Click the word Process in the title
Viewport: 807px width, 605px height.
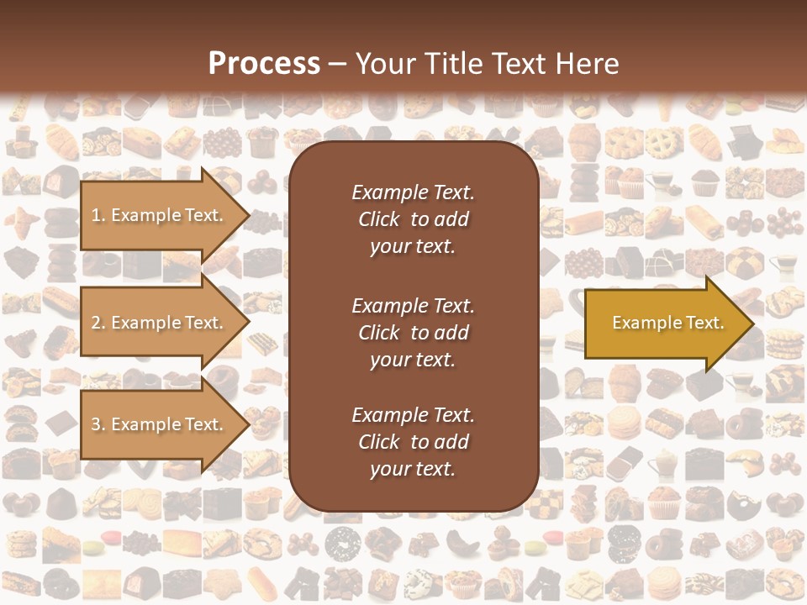(x=264, y=64)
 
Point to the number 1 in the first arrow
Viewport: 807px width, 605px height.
(x=95, y=215)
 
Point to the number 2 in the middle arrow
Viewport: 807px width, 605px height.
(x=96, y=323)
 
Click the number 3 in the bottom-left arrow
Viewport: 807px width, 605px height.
(x=96, y=424)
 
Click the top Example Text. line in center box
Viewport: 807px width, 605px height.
(x=413, y=192)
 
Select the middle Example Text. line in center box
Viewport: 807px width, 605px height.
(x=413, y=306)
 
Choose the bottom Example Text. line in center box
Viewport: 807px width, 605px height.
(x=413, y=415)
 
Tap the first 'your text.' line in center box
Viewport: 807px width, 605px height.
(x=413, y=247)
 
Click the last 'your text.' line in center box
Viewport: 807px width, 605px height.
(x=413, y=470)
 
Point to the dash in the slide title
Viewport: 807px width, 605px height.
(x=337, y=65)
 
